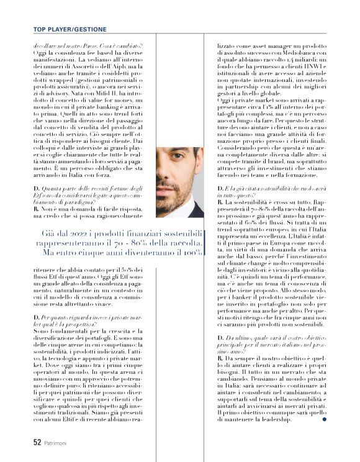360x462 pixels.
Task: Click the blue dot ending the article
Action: click(x=325, y=418)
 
